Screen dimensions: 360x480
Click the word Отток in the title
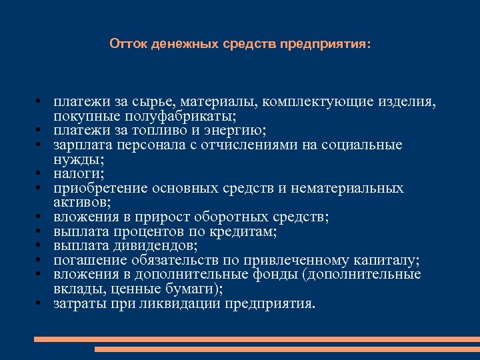click(x=129, y=45)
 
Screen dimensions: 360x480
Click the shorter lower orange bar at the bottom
click(x=287, y=349)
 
